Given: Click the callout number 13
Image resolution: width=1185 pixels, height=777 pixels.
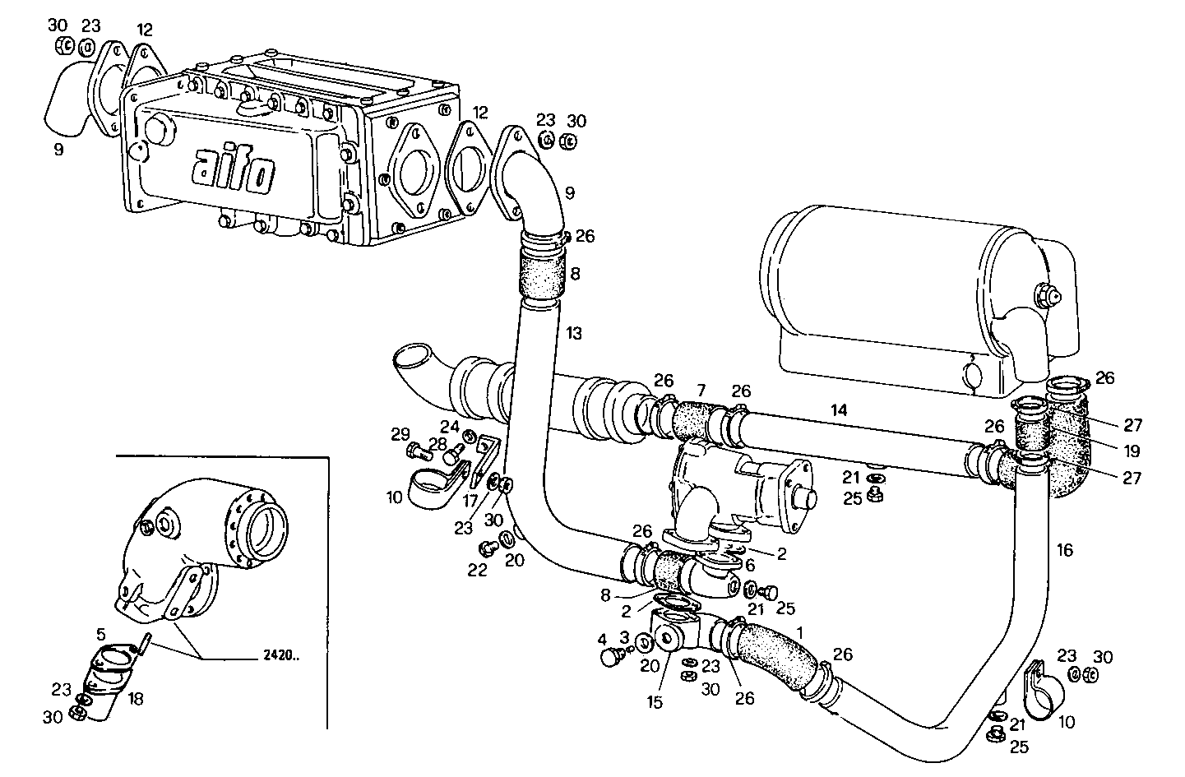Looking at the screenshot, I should [x=574, y=333].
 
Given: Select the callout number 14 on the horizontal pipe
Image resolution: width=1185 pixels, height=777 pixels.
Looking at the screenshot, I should [x=838, y=409].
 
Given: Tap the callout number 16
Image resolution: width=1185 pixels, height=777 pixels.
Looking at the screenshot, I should [x=1064, y=550].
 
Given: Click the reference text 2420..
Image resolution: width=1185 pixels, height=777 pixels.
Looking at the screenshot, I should [x=282, y=657].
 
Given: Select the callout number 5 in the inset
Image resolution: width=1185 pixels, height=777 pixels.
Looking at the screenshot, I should [x=100, y=634].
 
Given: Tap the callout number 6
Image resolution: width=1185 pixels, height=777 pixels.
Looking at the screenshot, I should [x=749, y=566].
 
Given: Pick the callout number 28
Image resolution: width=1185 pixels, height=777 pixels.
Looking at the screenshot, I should [x=436, y=444].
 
